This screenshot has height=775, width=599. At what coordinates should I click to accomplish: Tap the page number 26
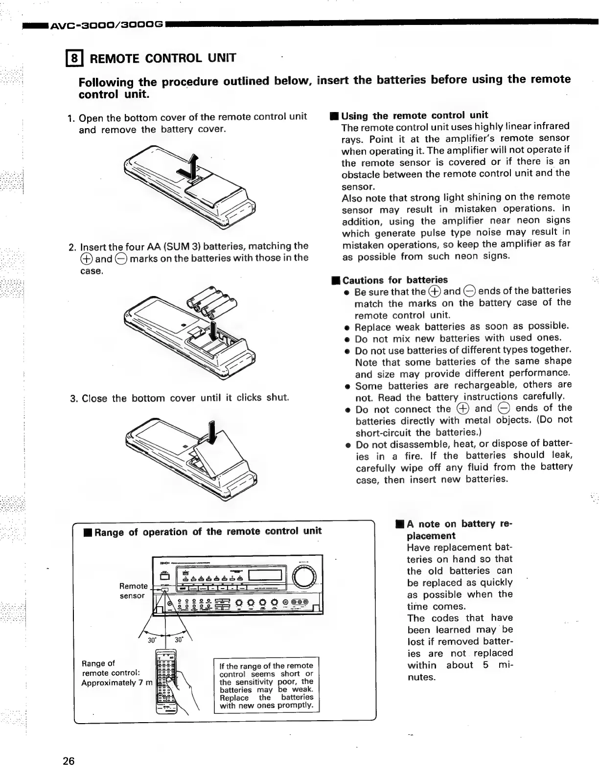(69, 761)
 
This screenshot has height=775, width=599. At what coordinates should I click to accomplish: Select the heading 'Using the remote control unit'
(414, 115)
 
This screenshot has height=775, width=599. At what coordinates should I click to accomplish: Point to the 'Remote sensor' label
(133, 591)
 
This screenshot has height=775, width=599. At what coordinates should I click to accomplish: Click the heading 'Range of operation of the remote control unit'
(207, 532)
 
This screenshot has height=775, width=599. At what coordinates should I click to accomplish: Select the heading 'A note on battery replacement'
(458, 529)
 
